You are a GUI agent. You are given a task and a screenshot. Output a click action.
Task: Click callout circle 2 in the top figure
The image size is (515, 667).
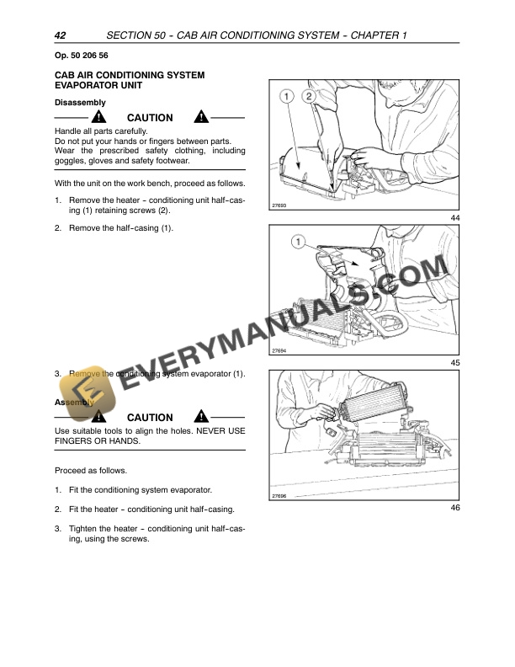tap(309, 96)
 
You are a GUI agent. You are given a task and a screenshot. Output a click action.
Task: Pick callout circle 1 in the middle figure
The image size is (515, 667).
tap(297, 243)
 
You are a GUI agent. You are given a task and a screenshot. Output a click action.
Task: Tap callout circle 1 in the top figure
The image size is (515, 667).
tap(287, 96)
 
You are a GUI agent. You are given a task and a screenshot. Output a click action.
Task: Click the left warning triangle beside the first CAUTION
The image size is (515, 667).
tap(100, 117)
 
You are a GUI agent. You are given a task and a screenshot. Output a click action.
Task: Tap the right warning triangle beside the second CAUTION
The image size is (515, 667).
tap(201, 417)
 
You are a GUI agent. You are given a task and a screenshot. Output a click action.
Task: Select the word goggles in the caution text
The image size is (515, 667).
tap(72, 161)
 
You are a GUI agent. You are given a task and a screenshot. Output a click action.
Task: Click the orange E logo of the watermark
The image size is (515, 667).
tap(79, 387)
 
